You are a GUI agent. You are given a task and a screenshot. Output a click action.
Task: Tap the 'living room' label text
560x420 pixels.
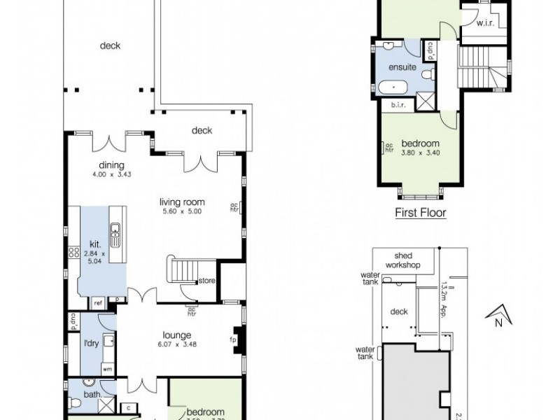tap(185, 202)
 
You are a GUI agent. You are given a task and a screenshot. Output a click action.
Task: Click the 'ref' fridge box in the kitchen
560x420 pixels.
tap(98, 302)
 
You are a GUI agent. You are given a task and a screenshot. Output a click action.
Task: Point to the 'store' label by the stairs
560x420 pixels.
tap(206, 281)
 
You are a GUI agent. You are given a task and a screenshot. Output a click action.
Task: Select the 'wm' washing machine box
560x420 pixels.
tap(107, 367)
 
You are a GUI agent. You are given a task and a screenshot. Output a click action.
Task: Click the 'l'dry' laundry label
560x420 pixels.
tap(91, 344)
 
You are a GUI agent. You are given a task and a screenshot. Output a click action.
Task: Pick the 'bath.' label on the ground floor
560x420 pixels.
tap(92, 395)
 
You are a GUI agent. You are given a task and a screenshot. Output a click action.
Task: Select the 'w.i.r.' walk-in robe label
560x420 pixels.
tap(486, 24)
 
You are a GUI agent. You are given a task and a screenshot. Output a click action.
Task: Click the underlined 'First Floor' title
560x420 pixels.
tap(421, 213)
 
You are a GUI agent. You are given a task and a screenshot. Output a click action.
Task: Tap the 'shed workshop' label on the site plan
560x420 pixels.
tap(407, 261)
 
